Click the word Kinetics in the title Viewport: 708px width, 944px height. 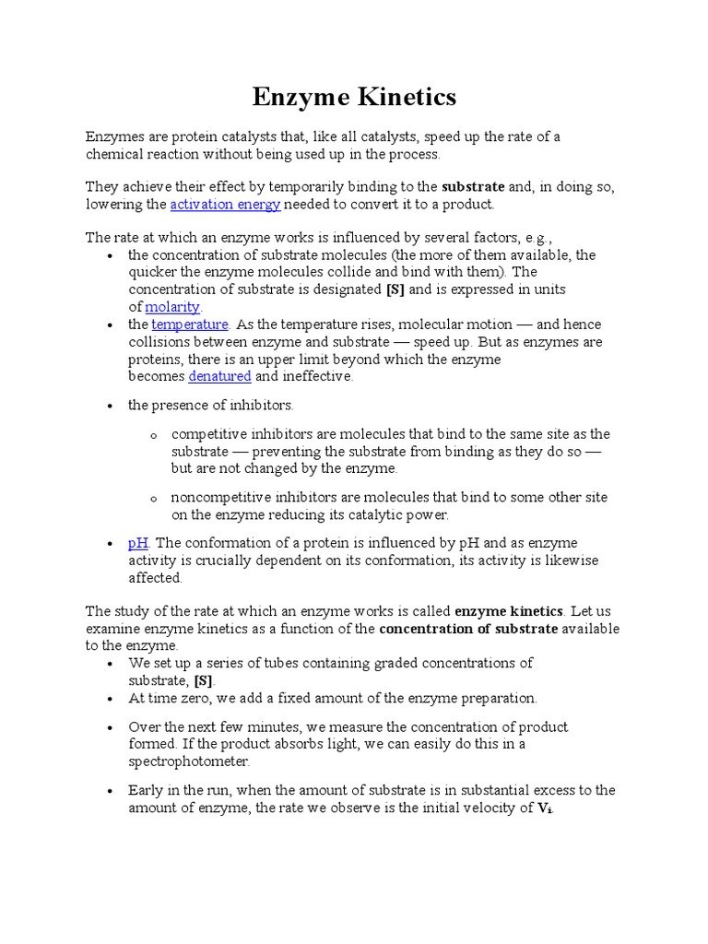click(x=402, y=96)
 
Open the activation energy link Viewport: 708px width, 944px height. click(x=225, y=204)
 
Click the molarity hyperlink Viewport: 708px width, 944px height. click(x=172, y=306)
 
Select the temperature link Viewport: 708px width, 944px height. click(x=190, y=324)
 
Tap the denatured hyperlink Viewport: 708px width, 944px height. click(x=219, y=376)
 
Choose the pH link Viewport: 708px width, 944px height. click(x=138, y=543)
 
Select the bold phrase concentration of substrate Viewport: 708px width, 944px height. click(x=468, y=629)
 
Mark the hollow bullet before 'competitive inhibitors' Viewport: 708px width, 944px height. click(x=154, y=435)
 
